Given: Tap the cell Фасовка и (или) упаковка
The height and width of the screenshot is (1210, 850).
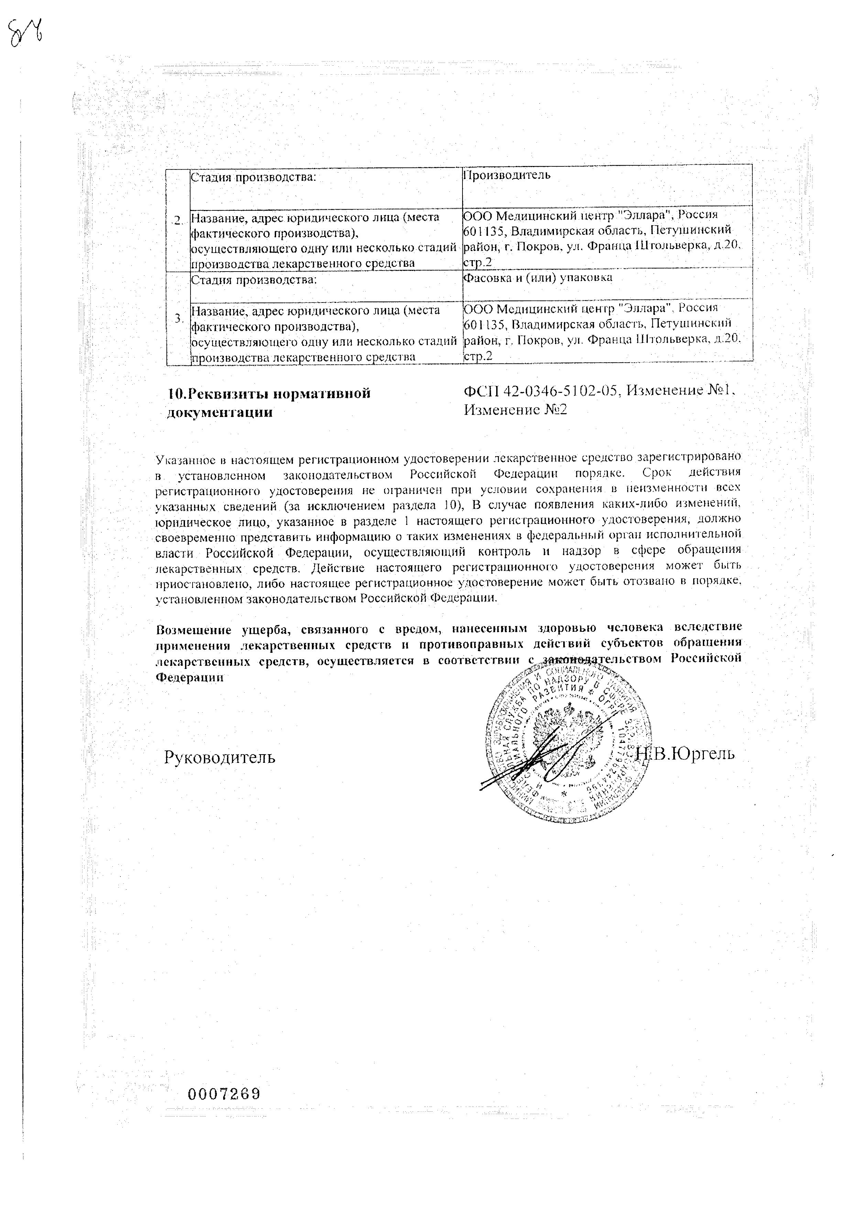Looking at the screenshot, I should click(x=537, y=278).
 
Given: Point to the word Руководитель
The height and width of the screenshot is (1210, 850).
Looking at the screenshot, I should click(x=219, y=757).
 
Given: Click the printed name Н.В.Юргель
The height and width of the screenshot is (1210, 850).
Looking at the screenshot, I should click(x=684, y=753).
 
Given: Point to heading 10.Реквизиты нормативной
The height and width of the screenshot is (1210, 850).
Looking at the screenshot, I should click(x=269, y=394).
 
